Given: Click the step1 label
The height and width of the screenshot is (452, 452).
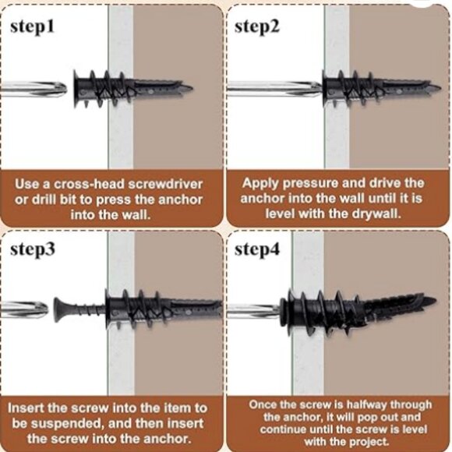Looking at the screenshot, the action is (32, 28).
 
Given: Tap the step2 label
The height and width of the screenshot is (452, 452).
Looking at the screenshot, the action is (257, 28).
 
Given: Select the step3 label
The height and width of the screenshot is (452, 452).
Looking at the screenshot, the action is (33, 250).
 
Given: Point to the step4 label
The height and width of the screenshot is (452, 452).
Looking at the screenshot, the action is (257, 250).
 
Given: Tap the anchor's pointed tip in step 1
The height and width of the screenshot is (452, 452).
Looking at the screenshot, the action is (192, 88).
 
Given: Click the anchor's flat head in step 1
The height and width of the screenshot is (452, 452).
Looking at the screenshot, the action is (76, 89).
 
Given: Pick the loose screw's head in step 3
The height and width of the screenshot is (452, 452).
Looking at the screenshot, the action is (58, 310).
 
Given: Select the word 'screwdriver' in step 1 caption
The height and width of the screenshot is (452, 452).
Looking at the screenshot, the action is (165, 184).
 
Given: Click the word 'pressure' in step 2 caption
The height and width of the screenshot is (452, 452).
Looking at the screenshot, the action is (310, 184).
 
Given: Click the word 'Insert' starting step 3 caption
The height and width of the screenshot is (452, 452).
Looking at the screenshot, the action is (26, 408).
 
